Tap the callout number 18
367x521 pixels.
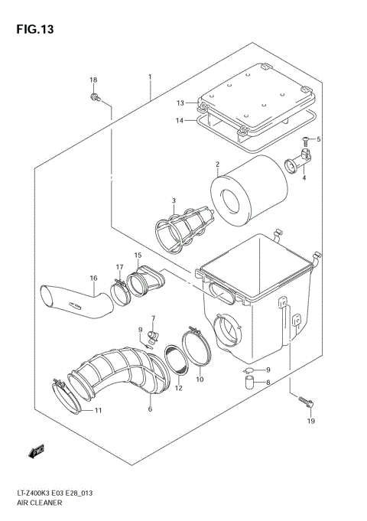(x=93, y=80)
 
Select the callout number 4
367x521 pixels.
(x=304, y=177)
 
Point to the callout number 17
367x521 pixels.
(x=120, y=266)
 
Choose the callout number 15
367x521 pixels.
(x=138, y=255)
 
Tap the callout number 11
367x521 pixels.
(x=99, y=411)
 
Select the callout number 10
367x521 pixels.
(x=200, y=379)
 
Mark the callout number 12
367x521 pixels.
(x=178, y=388)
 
